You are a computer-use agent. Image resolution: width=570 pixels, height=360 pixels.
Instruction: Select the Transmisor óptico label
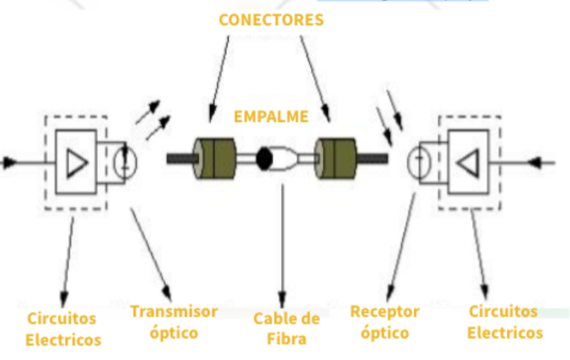(x=174, y=321)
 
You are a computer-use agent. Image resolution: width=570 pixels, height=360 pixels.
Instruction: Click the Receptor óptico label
(x=384, y=321)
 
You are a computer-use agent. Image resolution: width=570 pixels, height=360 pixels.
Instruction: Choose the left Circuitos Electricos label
(x=63, y=328)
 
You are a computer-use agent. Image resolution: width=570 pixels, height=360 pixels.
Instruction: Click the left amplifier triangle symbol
(x=77, y=162)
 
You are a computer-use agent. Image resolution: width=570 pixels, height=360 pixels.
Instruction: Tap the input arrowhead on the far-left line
(x=10, y=162)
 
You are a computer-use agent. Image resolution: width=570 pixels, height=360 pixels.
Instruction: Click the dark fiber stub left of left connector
(x=180, y=158)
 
